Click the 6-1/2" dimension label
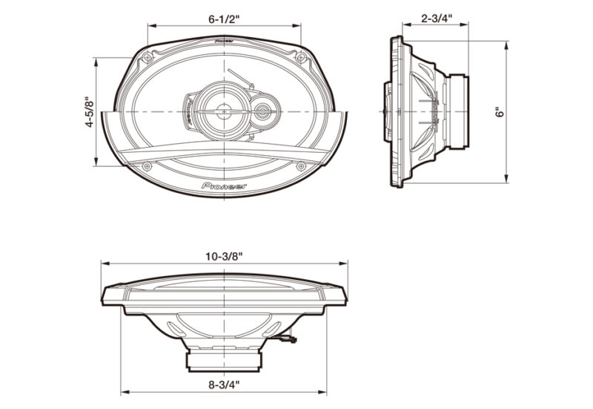[x=224, y=15]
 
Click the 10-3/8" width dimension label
[x=224, y=255]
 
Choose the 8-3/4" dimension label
[x=224, y=386]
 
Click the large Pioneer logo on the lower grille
[x=225, y=186]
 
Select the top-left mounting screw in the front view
[x=148, y=56]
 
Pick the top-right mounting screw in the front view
[x=301, y=56]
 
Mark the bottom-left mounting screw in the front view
[x=146, y=166]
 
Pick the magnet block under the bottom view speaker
[x=224, y=360]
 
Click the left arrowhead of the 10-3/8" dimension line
[x=104, y=263]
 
